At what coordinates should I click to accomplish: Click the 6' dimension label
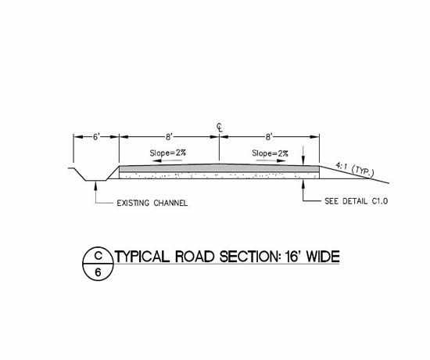pos(95,137)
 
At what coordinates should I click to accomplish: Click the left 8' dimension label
pos(169,137)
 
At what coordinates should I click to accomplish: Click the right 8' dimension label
pos(269,137)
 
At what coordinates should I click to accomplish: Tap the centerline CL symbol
pos(220,127)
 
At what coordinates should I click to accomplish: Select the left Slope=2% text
pos(168,153)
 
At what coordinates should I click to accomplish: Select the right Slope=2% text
pos(271,153)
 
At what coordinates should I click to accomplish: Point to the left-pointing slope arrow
pos(167,160)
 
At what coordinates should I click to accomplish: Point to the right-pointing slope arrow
pos(271,160)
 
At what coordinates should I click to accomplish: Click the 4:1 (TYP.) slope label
pos(355,169)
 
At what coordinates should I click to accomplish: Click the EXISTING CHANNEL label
pos(152,203)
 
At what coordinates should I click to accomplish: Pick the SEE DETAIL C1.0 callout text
pos(357,201)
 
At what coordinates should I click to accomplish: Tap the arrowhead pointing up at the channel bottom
pos(95,185)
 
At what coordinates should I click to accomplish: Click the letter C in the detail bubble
pos(99,256)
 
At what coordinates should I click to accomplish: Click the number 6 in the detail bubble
pos(98,272)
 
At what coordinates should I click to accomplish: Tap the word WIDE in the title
pos(323,257)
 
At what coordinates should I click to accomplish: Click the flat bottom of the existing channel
pos(96,181)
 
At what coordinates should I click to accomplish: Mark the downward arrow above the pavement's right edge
pos(303,156)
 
